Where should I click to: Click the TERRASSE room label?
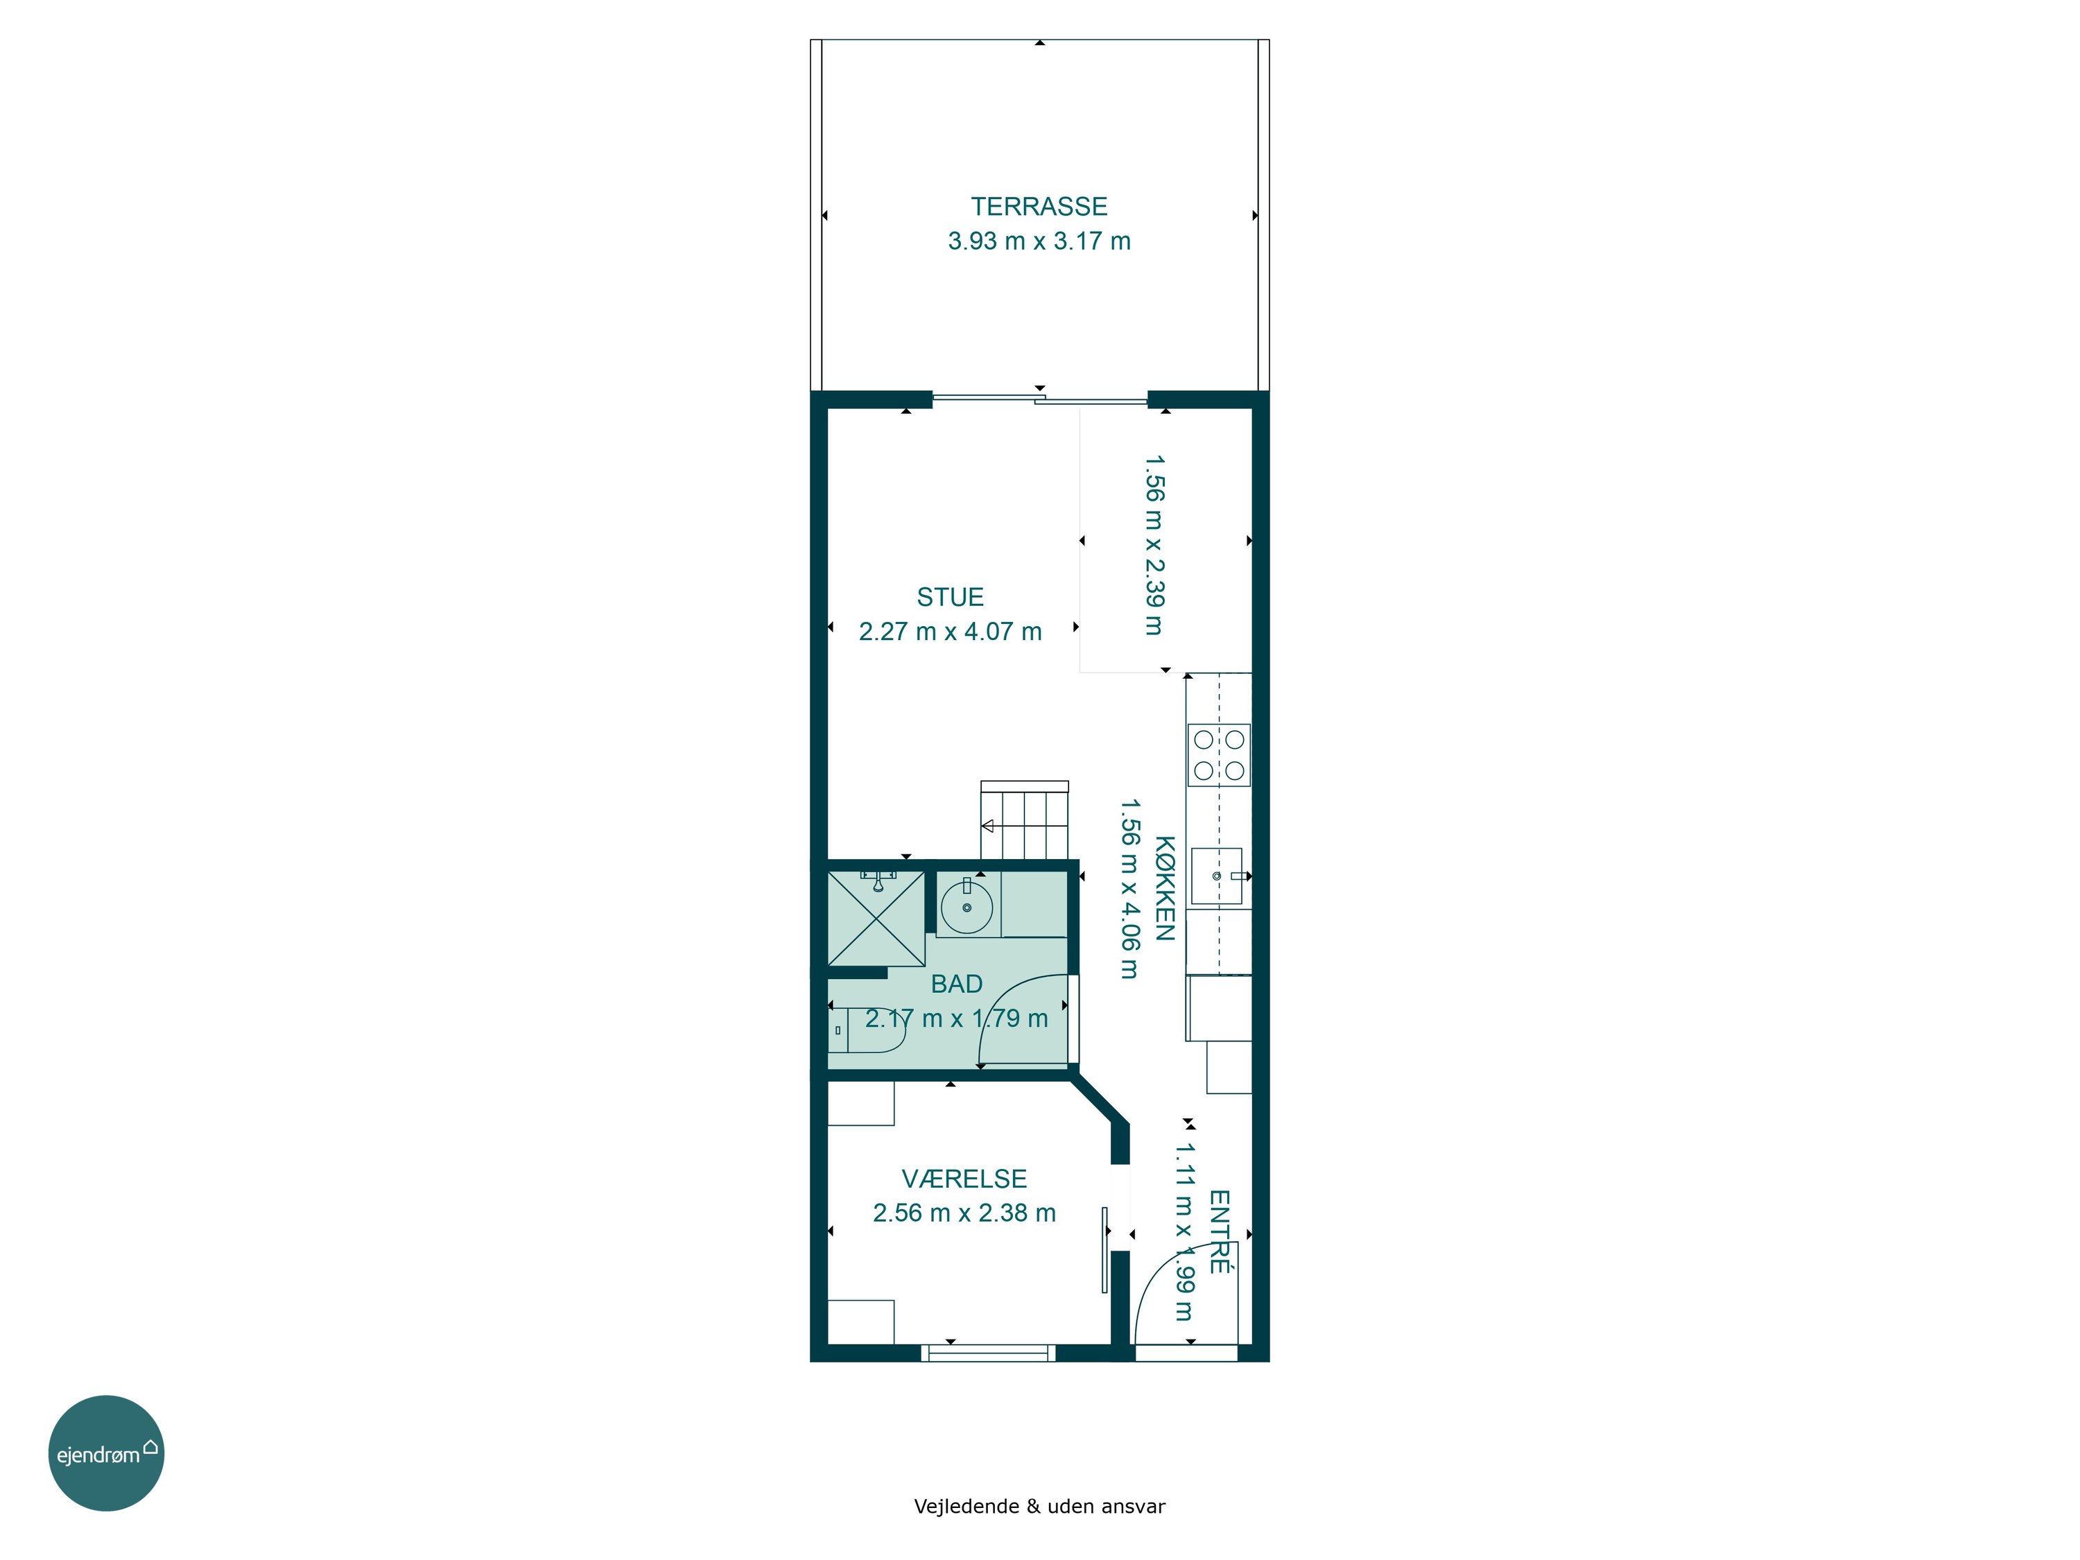1039,206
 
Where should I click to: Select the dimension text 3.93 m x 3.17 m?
1039,241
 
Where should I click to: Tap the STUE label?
950,597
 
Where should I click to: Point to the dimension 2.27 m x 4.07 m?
950,631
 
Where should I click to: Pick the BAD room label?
956,984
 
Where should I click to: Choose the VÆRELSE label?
964,1178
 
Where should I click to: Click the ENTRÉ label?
1219,1232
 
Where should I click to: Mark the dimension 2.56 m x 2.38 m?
964,1213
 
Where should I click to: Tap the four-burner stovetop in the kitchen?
1219,755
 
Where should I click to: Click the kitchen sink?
1217,876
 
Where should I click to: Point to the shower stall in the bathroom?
876,919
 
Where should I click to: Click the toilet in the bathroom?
866,1030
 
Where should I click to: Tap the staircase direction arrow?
987,826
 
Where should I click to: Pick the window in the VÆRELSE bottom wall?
987,1353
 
